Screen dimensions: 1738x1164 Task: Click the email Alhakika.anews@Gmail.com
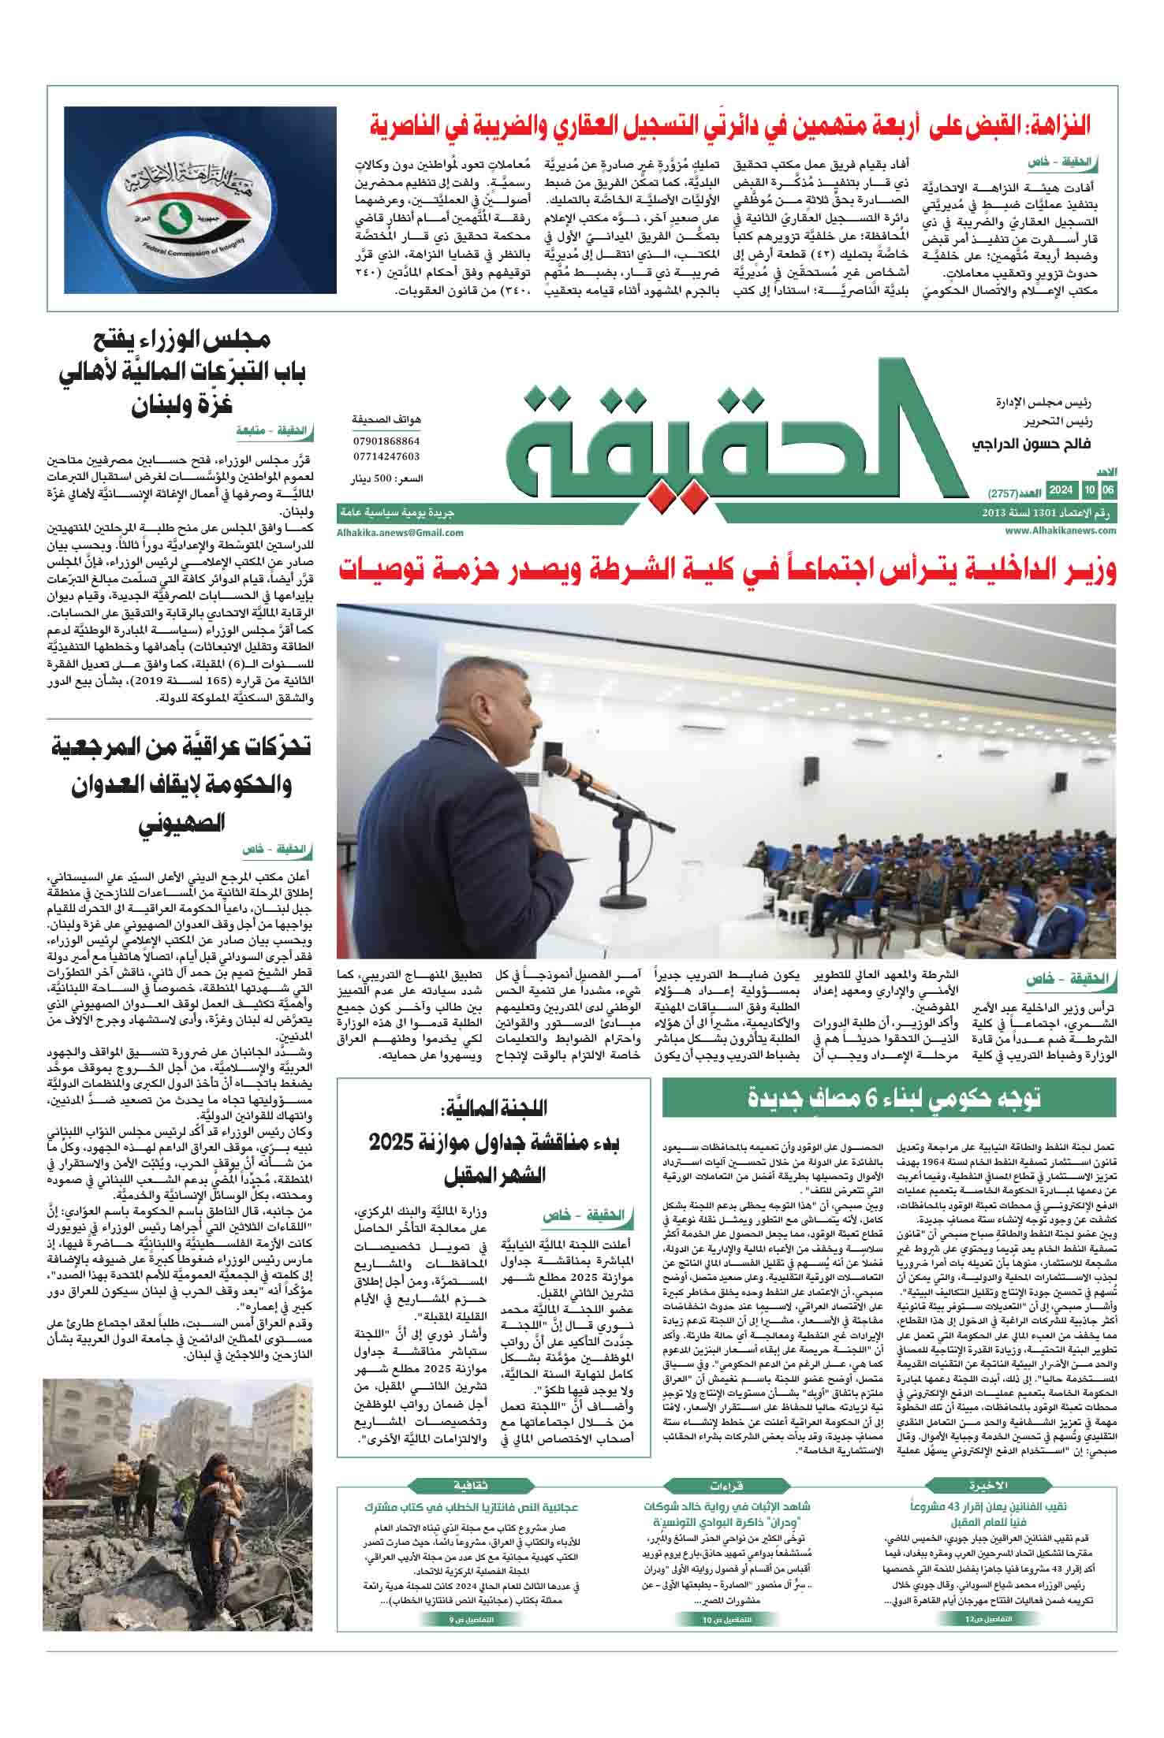400,533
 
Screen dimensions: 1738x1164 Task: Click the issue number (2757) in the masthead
1005,491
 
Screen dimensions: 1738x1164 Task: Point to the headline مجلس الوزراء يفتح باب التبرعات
183,372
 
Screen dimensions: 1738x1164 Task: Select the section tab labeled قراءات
731,1485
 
